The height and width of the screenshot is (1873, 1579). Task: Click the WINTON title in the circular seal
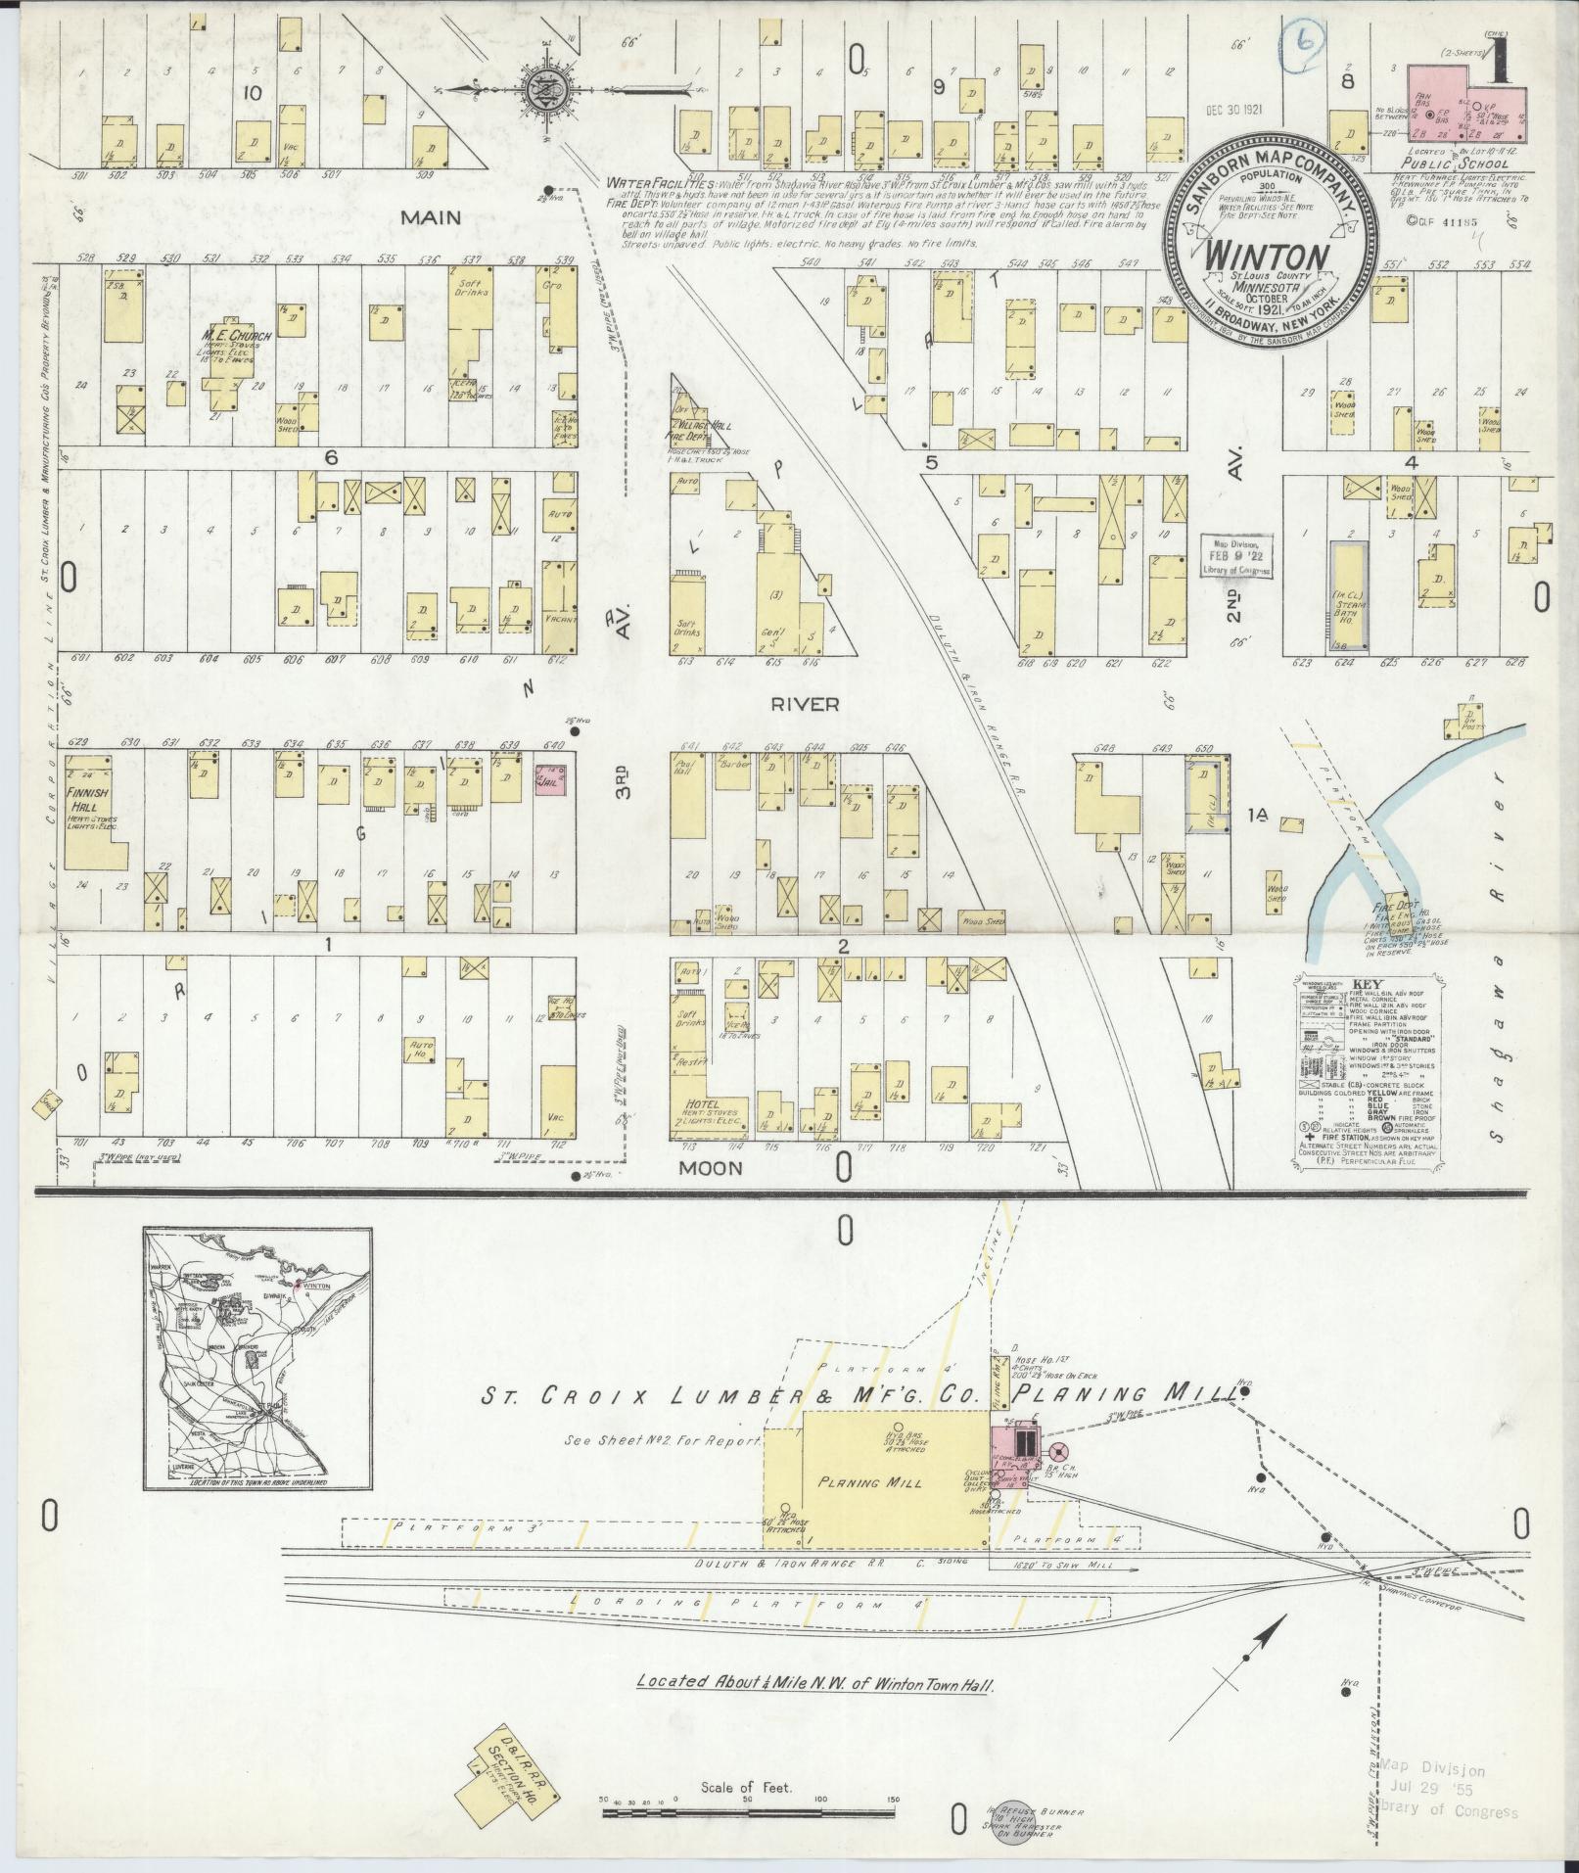click(1266, 256)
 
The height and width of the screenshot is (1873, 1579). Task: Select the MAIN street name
click(429, 217)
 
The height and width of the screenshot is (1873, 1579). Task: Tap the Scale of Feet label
click(747, 1788)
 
